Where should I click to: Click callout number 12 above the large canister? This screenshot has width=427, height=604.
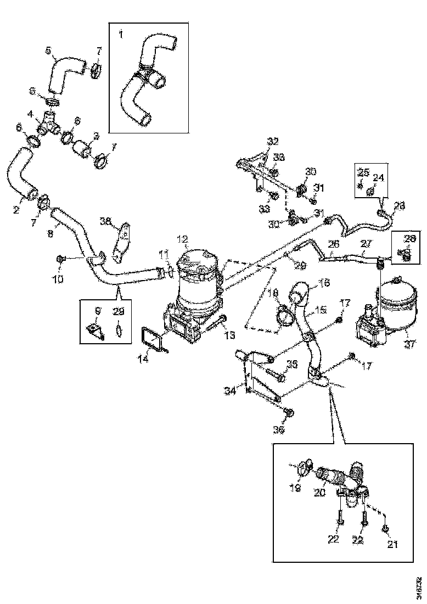pyautogui.click(x=182, y=239)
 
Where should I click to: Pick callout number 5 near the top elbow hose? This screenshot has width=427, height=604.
pyautogui.click(x=49, y=51)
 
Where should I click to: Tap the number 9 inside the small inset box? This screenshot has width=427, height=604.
pyautogui.click(x=98, y=311)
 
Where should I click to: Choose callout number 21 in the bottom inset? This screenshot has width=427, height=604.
pyautogui.click(x=392, y=544)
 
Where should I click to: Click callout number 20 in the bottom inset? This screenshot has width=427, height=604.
pyautogui.click(x=319, y=493)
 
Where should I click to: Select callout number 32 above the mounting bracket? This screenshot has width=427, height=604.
pyautogui.click(x=273, y=141)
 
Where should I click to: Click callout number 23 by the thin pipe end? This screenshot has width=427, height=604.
pyautogui.click(x=400, y=206)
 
